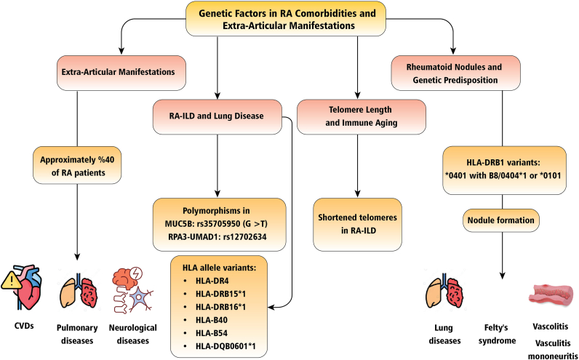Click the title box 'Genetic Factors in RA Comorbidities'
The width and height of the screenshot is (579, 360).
pos(286,19)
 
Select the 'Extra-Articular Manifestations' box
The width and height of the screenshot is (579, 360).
pos(121,73)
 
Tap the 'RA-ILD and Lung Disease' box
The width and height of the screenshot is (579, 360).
pos(217,116)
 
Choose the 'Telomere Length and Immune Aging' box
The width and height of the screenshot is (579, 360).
pos(361,116)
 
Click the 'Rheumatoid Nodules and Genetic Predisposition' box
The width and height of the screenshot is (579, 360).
pos(455,73)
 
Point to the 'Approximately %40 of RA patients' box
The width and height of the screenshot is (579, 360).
pos(77,165)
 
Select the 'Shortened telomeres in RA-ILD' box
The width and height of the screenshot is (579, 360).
pos(357,225)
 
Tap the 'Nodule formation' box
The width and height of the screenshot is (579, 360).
pos(500,220)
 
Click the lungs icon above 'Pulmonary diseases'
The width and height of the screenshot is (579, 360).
pos(79,291)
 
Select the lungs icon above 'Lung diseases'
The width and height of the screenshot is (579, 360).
pos(446,292)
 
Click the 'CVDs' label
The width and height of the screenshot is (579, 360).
pos(24,326)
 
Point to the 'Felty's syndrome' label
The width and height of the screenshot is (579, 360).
pos(497,334)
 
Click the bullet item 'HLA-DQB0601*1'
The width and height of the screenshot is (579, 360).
pos(220,346)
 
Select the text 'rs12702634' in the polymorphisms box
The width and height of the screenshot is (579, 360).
pos(245,236)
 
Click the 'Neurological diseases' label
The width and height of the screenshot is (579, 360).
pos(133,334)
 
